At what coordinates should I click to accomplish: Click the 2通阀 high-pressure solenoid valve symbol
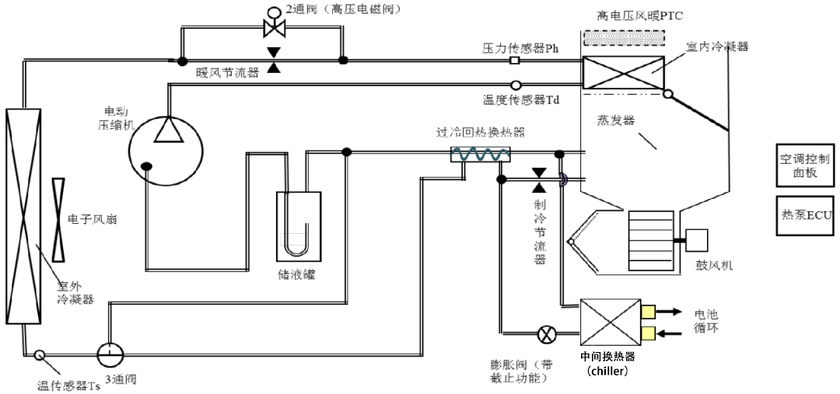point(274,28)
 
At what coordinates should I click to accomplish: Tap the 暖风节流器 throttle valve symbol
point(273,60)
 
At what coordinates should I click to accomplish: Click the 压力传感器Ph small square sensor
point(514,60)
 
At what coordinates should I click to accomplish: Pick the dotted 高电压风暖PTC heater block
point(623,38)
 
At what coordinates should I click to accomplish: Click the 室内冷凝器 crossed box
point(623,72)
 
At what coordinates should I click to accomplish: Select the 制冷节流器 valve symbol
point(538,180)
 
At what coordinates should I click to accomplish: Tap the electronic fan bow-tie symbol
point(59,220)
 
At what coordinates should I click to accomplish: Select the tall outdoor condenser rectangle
point(23,215)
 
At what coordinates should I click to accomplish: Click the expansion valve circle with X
point(547,336)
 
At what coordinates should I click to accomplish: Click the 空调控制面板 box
point(804,165)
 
